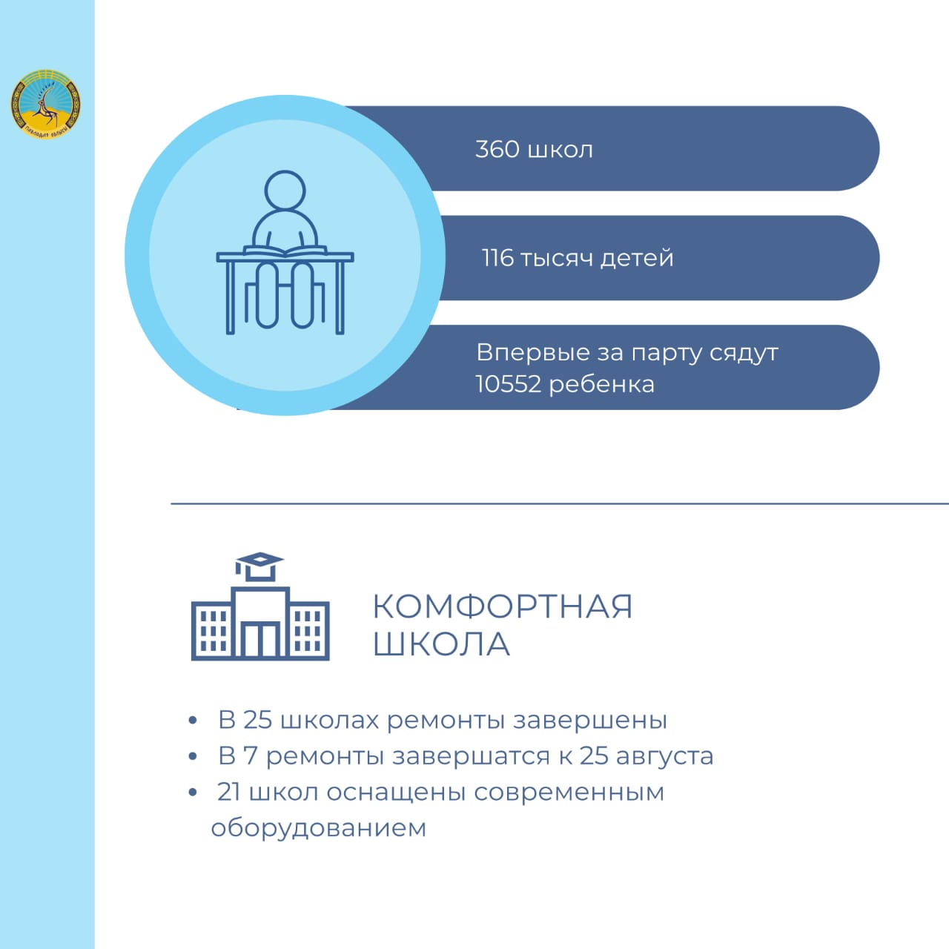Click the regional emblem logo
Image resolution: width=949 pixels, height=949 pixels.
pyautogui.click(x=46, y=104)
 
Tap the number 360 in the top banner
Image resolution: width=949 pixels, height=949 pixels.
pyautogui.click(x=497, y=149)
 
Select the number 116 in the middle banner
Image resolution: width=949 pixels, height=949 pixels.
pyautogui.click(x=497, y=258)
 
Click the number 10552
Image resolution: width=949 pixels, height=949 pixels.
pyautogui.click(x=509, y=384)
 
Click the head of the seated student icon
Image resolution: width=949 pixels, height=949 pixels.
pyautogui.click(x=285, y=191)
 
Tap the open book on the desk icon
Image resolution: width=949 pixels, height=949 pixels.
pyautogui.click(x=285, y=251)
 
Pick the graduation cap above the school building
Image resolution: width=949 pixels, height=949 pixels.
pyautogui.click(x=259, y=566)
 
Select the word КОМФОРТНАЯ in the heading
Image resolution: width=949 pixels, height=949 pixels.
pyautogui.click(x=502, y=606)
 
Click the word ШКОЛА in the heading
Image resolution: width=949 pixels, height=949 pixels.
pyautogui.click(x=440, y=644)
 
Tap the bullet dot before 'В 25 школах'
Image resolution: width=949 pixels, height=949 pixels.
pyautogui.click(x=193, y=721)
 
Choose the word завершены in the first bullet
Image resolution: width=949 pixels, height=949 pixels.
pyautogui.click(x=590, y=721)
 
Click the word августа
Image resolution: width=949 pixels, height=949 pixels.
pyautogui.click(x=664, y=756)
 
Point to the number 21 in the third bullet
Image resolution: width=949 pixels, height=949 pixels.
pyautogui.click(x=229, y=792)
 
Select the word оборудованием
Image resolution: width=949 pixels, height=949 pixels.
pyautogui.click(x=319, y=828)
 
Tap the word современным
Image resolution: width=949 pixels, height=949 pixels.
pyautogui.click(x=569, y=793)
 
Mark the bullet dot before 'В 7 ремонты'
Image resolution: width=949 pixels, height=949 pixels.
pyautogui.click(x=193, y=756)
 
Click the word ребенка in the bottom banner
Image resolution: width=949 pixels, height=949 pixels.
pyautogui.click(x=602, y=383)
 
